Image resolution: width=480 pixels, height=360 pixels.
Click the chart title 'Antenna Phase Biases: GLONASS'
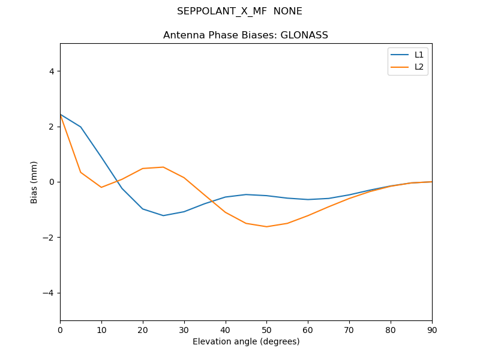pyautogui.click(x=245, y=35)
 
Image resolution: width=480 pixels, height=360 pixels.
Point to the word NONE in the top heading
pyautogui.click(x=288, y=11)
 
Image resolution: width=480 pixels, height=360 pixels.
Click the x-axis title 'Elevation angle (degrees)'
pyautogui.click(x=246, y=341)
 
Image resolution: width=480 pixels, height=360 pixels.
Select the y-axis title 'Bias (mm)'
pyautogui.click(x=34, y=182)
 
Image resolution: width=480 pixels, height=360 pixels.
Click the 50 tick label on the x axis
pyautogui.click(x=266, y=329)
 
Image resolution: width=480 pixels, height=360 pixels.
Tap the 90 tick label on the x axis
pyautogui.click(x=432, y=329)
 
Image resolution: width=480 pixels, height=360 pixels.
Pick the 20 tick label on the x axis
pyautogui.click(x=143, y=329)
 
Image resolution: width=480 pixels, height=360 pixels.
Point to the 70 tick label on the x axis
pyautogui.click(x=349, y=329)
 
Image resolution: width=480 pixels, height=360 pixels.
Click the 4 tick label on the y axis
pyautogui.click(x=52, y=71)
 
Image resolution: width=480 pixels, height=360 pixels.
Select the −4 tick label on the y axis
pyautogui.click(x=49, y=293)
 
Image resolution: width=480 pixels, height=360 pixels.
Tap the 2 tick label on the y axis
pyautogui.click(x=52, y=127)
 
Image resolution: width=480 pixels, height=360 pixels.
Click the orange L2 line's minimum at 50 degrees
pyautogui.click(x=266, y=227)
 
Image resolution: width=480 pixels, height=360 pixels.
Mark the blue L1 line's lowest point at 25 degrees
pyautogui.click(x=163, y=215)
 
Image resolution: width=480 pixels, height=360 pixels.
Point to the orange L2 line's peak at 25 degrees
pyautogui.click(x=163, y=167)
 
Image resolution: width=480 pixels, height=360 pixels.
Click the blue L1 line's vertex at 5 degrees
pyautogui.click(x=80, y=127)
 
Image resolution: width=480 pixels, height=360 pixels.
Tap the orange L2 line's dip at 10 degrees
pyautogui.click(x=101, y=187)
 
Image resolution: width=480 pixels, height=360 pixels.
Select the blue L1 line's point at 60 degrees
pyautogui.click(x=308, y=199)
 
